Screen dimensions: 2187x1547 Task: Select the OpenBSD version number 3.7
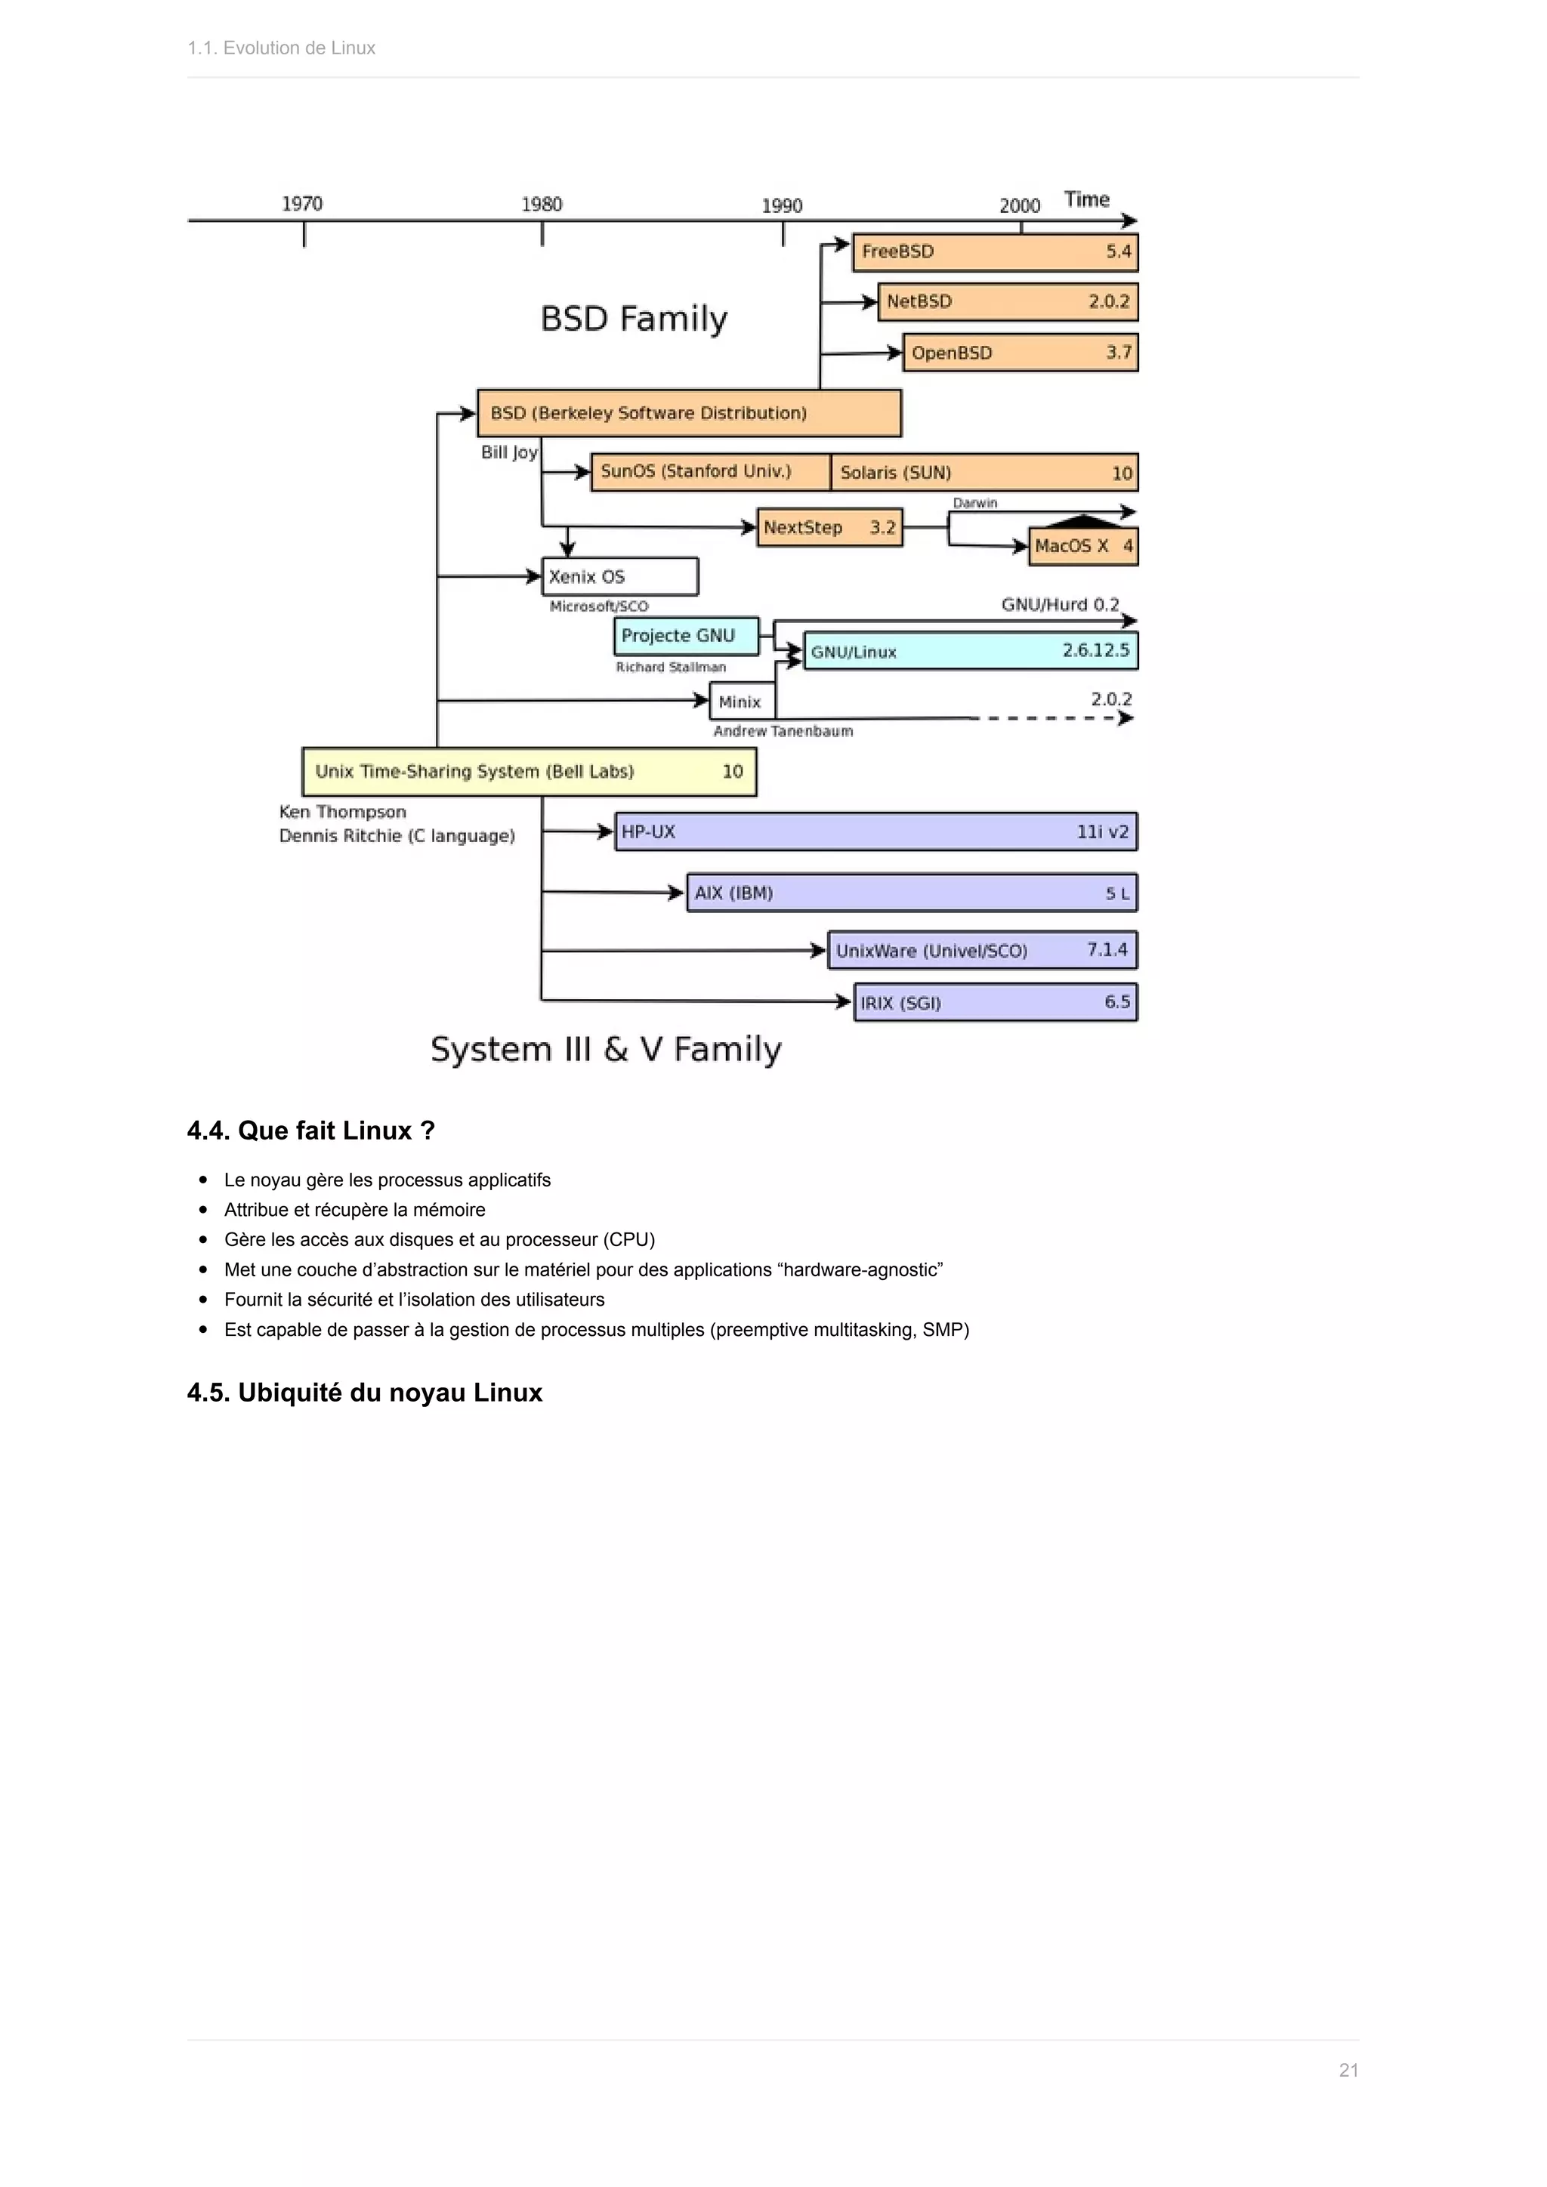tap(1119, 353)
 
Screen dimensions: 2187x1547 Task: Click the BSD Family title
tap(634, 318)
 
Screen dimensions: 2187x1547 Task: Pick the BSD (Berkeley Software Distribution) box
tap(688, 412)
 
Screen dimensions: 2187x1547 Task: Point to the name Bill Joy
tap(508, 452)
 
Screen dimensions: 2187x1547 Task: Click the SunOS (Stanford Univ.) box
tap(710, 471)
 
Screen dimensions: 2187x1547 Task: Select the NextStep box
tap(829, 527)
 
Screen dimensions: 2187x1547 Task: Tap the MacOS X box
tap(1082, 546)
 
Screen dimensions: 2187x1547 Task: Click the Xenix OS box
tap(619, 576)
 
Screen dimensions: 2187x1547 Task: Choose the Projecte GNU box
tap(686, 635)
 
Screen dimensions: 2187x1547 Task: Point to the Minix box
tap(741, 701)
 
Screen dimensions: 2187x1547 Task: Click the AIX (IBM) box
tap(911, 893)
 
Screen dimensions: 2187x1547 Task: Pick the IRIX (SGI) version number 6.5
tap(1116, 1001)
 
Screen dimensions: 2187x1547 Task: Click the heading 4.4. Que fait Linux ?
tap(310, 1130)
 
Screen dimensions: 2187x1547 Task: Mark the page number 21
tap(1348, 2070)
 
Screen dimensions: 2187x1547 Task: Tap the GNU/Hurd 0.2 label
tap(1059, 604)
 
